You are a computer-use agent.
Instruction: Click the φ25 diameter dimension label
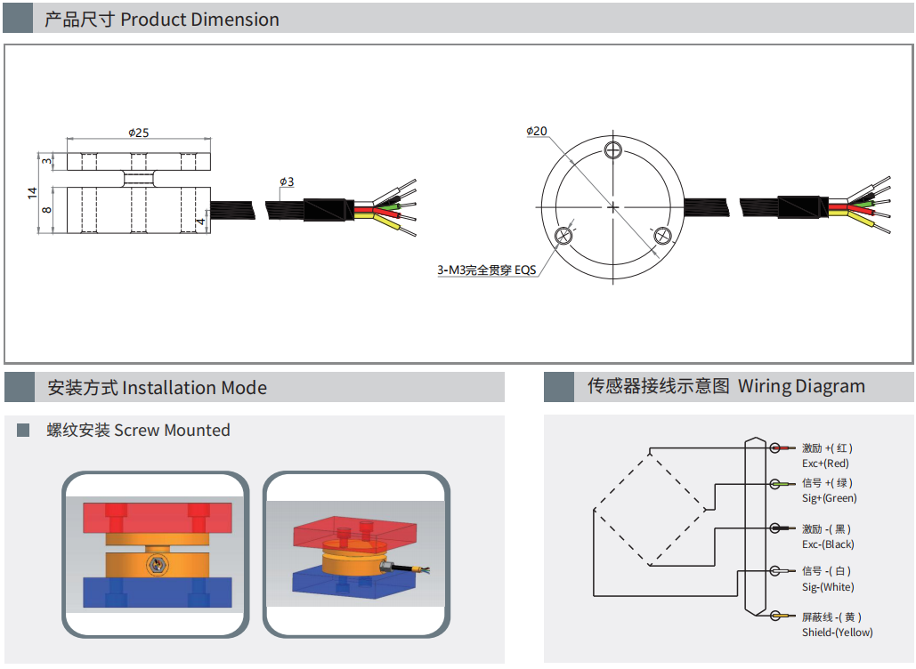pos(139,133)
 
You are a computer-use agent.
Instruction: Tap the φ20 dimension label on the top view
pos(536,131)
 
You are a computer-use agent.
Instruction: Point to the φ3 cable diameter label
pos(287,181)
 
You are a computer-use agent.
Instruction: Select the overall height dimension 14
pos(32,193)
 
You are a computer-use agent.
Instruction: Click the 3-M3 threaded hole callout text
pos(487,270)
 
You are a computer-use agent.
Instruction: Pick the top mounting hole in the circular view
pos(612,150)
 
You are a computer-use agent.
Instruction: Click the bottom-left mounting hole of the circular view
pos(563,235)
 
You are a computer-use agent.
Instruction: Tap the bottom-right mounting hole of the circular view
pos(662,235)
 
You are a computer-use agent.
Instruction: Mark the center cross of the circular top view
pos(612,206)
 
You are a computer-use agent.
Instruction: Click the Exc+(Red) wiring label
pos(825,463)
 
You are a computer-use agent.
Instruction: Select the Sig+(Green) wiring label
pos(829,498)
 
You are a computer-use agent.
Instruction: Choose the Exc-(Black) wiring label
pos(828,544)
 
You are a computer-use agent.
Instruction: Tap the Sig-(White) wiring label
pos(828,586)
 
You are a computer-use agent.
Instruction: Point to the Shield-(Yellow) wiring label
pos(837,633)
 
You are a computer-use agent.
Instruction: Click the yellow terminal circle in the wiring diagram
pos(775,616)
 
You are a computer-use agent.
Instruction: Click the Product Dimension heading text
pos(199,20)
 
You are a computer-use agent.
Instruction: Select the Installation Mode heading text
pos(195,388)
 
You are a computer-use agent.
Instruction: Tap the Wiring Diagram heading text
pos(801,386)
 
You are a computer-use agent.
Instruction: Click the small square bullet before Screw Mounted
pos(23,431)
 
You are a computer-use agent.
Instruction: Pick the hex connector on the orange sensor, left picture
pos(157,564)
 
